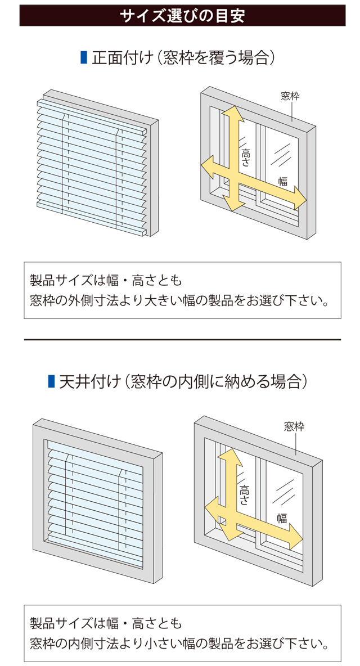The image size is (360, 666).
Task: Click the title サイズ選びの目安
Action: click(x=183, y=16)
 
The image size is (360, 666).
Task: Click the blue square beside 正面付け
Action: click(x=84, y=58)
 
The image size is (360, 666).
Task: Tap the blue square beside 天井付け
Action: click(x=52, y=381)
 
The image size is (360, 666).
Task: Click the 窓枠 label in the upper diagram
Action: click(x=290, y=96)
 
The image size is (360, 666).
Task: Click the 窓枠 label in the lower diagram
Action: click(x=294, y=426)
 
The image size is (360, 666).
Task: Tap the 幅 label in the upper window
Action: click(x=283, y=181)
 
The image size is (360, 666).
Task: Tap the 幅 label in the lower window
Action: click(x=282, y=517)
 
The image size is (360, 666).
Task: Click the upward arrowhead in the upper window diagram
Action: click(x=231, y=113)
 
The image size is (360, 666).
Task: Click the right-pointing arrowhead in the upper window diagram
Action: click(x=300, y=199)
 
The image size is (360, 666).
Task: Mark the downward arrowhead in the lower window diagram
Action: click(x=229, y=532)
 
